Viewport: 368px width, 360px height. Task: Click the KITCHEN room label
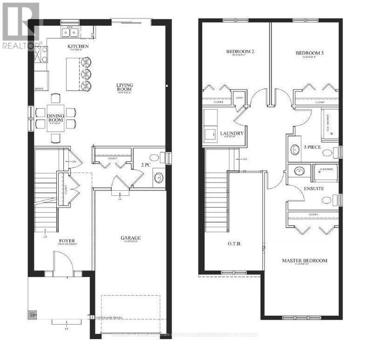tap(78, 47)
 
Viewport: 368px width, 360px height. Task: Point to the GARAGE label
tap(131, 238)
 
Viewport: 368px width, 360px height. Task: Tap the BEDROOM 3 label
tap(309, 53)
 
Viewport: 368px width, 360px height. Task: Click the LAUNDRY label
tap(231, 134)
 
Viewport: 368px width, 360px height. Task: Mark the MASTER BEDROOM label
tap(305, 261)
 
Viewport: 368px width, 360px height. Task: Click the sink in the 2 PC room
tap(158, 177)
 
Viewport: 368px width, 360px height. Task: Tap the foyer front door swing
tap(62, 262)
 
